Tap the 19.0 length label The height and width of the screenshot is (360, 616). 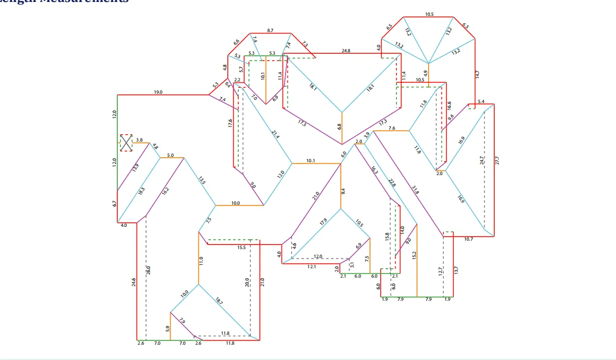point(158,92)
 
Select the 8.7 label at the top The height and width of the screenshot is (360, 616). point(270,31)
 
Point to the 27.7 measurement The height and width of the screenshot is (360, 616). point(497,160)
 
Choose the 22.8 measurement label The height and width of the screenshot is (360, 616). point(392,182)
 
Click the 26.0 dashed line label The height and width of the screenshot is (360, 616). point(148,270)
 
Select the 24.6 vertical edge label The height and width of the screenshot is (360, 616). point(134,283)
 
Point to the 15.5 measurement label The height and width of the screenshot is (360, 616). point(241,248)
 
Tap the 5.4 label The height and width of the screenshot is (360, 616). point(481,102)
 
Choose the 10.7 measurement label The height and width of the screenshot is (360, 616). point(469,239)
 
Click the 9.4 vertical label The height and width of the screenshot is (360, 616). point(344,190)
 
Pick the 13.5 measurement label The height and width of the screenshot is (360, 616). point(202,180)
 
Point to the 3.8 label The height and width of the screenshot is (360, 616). point(139,140)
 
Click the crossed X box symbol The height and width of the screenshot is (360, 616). point(127,143)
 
